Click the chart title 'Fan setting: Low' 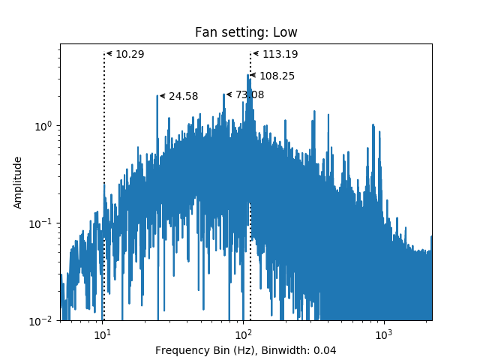246,32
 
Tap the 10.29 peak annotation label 130,54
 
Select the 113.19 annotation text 280,54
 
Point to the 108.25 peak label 277,76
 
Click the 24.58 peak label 183,96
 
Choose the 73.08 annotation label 250,95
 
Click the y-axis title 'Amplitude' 18,183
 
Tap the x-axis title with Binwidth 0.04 245,350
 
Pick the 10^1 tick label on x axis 102,334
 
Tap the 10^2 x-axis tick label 243,334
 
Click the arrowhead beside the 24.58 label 163,96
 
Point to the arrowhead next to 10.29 109,54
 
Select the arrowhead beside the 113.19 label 256,54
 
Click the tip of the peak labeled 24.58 157,95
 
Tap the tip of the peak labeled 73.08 223,94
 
